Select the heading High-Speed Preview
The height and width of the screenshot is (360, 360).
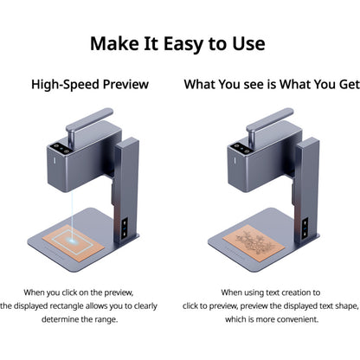tap(90, 85)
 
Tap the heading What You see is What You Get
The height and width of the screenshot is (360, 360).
tap(272, 85)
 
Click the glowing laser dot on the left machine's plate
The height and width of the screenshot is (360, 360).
tap(72, 239)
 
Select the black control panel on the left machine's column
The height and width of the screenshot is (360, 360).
tap(125, 228)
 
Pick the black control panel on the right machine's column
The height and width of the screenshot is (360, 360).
tap(305, 228)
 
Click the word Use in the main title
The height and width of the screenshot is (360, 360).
tap(248, 44)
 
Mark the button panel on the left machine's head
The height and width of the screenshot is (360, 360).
tap(61, 149)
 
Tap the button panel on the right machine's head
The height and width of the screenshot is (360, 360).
tap(241, 149)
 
